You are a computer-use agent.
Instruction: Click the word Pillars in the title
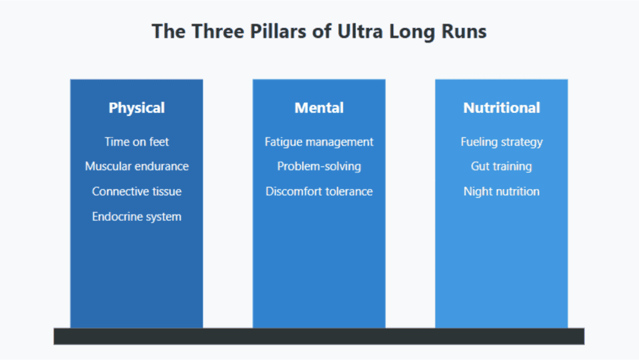[x=278, y=31]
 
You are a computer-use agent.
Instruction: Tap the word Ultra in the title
[x=360, y=31]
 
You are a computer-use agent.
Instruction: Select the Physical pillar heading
[x=137, y=108]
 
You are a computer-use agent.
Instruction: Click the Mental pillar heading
[x=319, y=108]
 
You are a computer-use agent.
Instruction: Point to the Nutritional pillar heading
[x=502, y=108]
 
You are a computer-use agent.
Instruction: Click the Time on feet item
[x=137, y=142]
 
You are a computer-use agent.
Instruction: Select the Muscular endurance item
[x=137, y=166]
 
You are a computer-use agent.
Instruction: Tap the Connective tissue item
[x=137, y=192]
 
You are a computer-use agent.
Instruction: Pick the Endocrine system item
[x=137, y=216]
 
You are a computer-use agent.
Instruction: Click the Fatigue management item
[x=319, y=142]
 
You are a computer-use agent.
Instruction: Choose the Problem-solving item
[x=319, y=167]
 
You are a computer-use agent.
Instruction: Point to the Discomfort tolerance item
[x=319, y=192]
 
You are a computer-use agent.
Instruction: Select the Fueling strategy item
[x=502, y=142]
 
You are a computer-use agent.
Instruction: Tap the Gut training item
[x=502, y=167]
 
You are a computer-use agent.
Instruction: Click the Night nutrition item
[x=502, y=192]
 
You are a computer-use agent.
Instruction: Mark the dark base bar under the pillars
[x=319, y=336]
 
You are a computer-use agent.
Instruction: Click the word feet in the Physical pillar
[x=159, y=142]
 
